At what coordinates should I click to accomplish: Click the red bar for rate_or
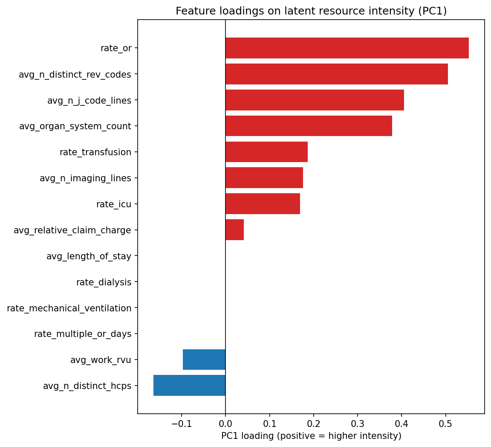347,48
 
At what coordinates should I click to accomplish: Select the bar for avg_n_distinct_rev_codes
337,74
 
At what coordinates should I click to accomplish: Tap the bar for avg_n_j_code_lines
315,100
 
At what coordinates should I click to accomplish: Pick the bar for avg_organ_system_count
309,126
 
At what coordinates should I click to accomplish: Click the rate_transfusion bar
266,152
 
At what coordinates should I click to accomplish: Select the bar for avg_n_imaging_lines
264,178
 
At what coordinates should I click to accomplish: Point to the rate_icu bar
263,204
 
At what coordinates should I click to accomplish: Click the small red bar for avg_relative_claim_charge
234,230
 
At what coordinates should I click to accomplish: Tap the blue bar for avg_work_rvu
204,360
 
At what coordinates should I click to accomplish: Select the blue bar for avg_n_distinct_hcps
189,386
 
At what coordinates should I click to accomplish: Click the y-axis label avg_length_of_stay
89,256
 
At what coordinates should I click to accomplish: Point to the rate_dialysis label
104,282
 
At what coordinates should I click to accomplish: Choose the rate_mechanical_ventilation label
69,308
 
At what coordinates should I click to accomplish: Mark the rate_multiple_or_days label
83,334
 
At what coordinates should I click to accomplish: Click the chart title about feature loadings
311,12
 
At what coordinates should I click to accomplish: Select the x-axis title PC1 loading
311,436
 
